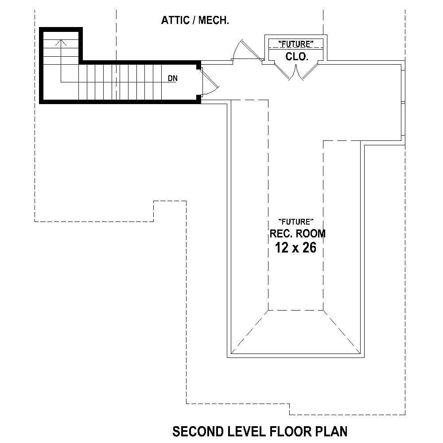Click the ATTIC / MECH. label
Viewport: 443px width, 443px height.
pos(195,20)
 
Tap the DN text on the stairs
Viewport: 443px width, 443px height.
pos(173,79)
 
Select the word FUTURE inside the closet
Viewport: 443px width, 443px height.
pos(296,43)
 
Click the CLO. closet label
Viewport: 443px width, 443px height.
pos(296,56)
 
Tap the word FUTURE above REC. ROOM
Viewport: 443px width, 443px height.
pos(296,221)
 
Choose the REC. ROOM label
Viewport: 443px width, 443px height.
pos(297,233)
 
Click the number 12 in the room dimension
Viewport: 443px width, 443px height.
pos(281,248)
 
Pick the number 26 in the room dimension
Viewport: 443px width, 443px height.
pos(309,248)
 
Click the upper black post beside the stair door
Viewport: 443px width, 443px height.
pos(198,66)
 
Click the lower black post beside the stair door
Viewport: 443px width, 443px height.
pos(198,98)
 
